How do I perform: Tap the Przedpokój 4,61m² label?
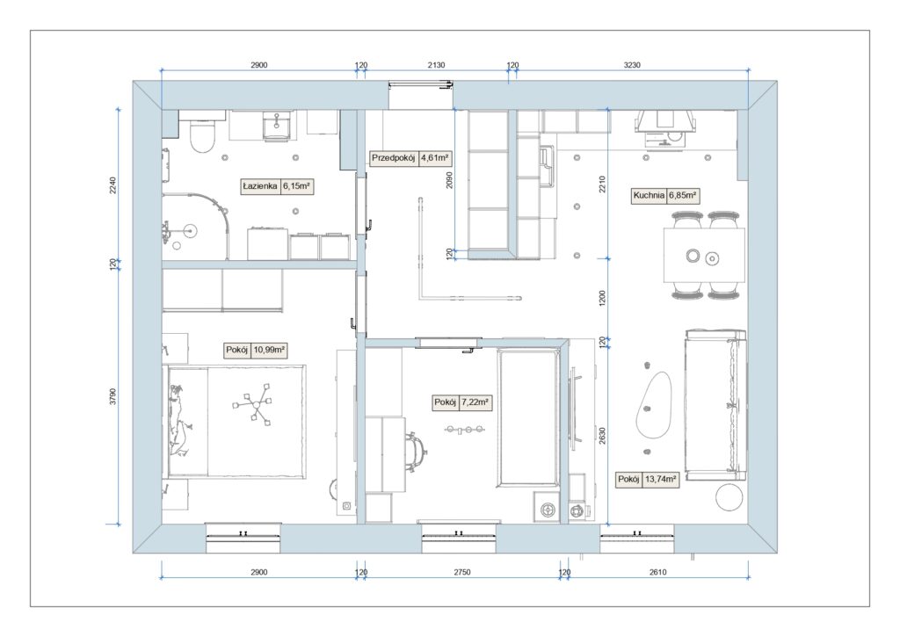(410, 158)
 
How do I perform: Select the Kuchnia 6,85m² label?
(664, 196)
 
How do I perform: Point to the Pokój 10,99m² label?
(256, 350)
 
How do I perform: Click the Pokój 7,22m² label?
(461, 403)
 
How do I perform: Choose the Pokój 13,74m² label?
(648, 479)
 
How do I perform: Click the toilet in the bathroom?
(201, 134)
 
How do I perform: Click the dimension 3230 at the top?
(632, 65)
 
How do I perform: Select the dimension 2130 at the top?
(436, 65)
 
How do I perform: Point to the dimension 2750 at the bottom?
(462, 572)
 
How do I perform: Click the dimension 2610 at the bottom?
(657, 572)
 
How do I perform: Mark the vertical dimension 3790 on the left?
(113, 396)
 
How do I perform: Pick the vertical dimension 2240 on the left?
(113, 185)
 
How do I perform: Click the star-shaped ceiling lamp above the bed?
(252, 404)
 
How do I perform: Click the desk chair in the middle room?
(416, 452)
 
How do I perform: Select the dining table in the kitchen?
(704, 256)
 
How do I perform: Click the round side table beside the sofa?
(729, 497)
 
